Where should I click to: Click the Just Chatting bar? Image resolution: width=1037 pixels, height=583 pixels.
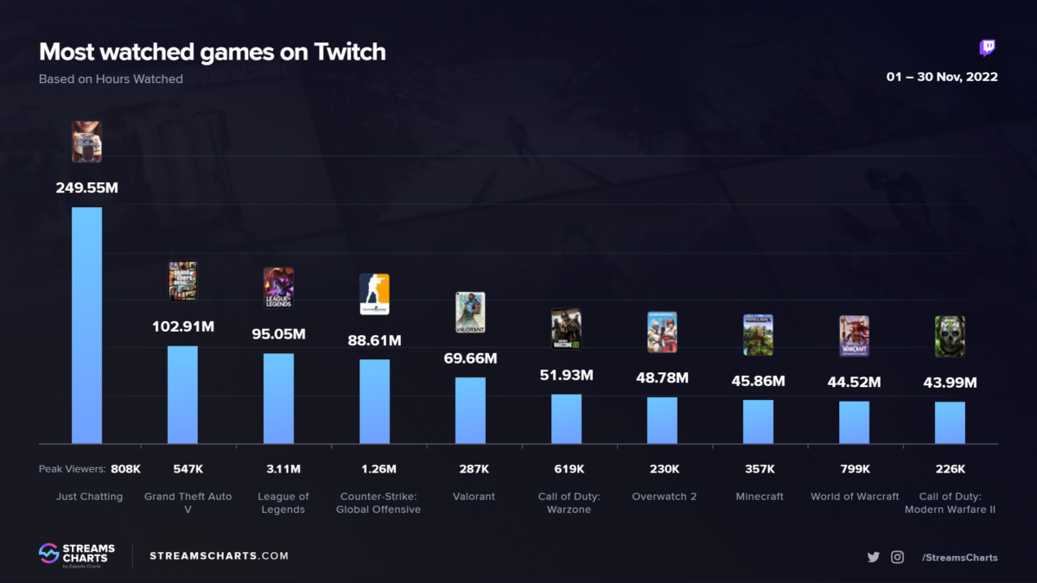click(86, 326)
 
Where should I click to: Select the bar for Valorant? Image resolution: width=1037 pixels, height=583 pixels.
click(470, 410)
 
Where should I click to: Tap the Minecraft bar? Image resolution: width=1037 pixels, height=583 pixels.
click(758, 421)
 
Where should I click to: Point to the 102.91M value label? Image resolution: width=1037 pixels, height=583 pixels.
click(182, 327)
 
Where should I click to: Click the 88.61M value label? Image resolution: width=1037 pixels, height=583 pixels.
click(374, 341)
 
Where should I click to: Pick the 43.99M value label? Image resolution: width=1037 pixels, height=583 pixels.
click(950, 383)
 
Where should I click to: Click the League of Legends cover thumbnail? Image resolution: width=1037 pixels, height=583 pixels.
click(278, 288)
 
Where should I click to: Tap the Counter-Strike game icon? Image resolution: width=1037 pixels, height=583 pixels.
click(374, 295)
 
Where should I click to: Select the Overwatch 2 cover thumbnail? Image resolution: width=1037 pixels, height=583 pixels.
click(662, 333)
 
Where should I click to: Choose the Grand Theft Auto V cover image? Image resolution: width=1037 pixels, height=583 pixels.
click(182, 281)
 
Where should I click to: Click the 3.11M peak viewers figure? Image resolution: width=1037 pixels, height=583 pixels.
click(278, 469)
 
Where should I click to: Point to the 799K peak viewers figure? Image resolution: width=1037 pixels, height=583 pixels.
click(854, 469)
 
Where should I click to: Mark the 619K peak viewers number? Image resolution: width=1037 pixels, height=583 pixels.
click(566, 469)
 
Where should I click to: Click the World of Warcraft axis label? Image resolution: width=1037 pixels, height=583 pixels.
click(854, 497)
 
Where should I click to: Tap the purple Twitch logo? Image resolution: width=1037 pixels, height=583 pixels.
click(988, 48)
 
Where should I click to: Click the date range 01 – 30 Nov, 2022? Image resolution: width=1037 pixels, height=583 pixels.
click(942, 77)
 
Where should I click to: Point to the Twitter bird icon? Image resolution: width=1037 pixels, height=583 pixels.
click(874, 557)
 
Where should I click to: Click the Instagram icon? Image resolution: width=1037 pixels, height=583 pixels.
click(897, 557)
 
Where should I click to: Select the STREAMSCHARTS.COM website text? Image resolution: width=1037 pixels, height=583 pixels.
click(219, 555)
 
